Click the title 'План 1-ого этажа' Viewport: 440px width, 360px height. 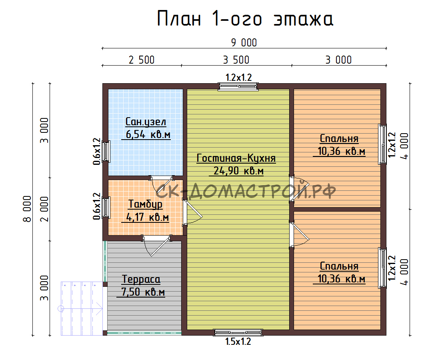click(245, 18)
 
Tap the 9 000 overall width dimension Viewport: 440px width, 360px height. click(244, 43)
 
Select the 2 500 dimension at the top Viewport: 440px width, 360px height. click(142, 60)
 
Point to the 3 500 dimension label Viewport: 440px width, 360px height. click(236, 60)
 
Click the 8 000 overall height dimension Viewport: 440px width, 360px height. click(27, 209)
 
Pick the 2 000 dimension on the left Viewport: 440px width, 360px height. click(44, 209)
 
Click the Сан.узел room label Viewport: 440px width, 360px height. click(146, 122)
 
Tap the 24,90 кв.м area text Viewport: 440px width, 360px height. click(238, 171)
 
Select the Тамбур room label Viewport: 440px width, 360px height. click(145, 204)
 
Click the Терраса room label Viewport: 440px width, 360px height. click(141, 279)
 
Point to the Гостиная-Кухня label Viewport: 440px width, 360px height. click(236, 158)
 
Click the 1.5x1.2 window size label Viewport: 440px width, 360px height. click(238, 342)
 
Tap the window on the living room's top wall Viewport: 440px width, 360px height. click(238, 86)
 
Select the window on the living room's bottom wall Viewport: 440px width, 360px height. click(238, 332)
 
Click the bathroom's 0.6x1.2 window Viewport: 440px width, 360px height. click(106, 152)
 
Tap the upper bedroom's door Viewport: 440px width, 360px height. click(298, 188)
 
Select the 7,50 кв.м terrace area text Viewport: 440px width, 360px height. click(140, 292)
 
